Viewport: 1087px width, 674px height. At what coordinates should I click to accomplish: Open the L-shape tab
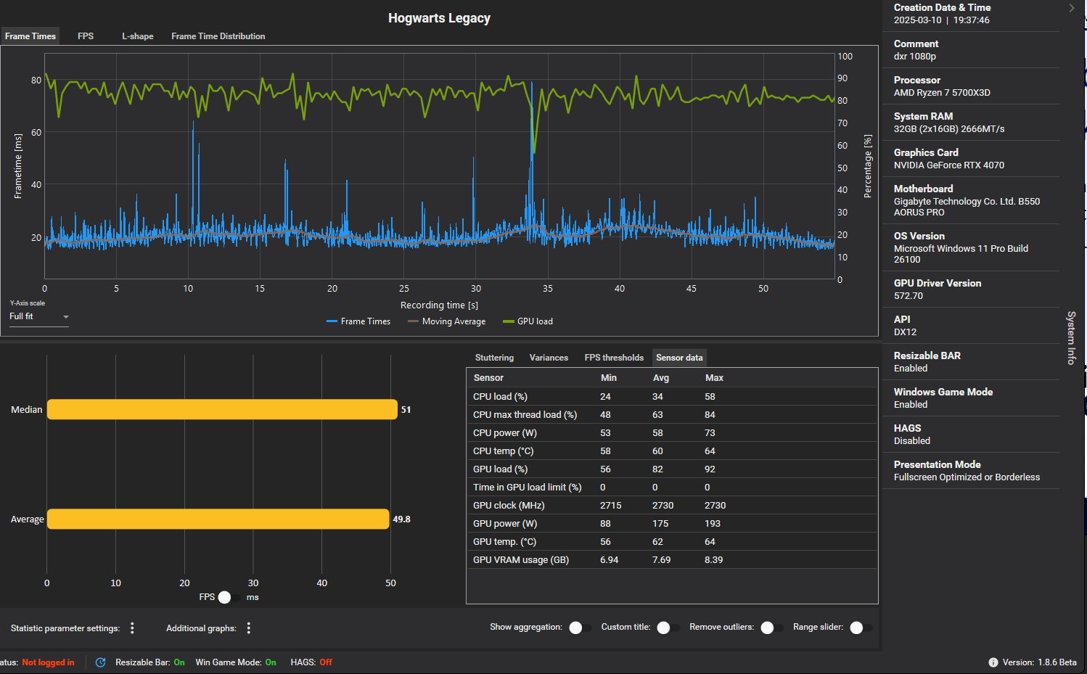point(137,36)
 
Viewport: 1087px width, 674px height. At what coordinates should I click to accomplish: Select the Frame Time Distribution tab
point(218,36)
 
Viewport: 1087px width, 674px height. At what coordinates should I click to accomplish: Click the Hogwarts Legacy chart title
point(439,18)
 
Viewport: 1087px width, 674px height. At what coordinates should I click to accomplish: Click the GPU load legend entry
point(528,321)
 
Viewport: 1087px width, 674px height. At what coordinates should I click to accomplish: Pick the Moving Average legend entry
point(446,321)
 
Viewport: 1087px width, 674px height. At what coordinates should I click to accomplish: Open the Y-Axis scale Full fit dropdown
point(39,316)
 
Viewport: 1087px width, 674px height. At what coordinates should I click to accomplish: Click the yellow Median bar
point(222,409)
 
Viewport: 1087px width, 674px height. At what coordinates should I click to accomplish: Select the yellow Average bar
point(218,519)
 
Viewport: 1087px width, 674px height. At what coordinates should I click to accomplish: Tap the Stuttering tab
point(494,358)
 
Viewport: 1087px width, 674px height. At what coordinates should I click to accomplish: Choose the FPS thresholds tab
point(614,358)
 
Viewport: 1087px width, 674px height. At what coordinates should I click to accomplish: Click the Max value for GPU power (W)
point(713,524)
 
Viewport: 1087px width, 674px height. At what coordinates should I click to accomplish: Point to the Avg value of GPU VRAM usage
point(662,560)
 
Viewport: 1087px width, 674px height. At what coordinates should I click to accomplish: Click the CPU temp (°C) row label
point(503,451)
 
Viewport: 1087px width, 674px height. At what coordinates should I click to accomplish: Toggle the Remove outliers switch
point(771,628)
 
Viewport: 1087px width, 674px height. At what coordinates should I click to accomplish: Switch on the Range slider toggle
point(860,628)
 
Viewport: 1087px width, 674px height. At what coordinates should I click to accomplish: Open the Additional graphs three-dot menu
point(248,628)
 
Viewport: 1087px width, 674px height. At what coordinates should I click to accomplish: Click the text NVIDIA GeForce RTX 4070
point(948,165)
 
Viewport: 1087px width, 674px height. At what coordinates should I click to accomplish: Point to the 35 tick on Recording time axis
point(547,289)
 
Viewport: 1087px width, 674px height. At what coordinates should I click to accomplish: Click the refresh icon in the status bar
point(100,662)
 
